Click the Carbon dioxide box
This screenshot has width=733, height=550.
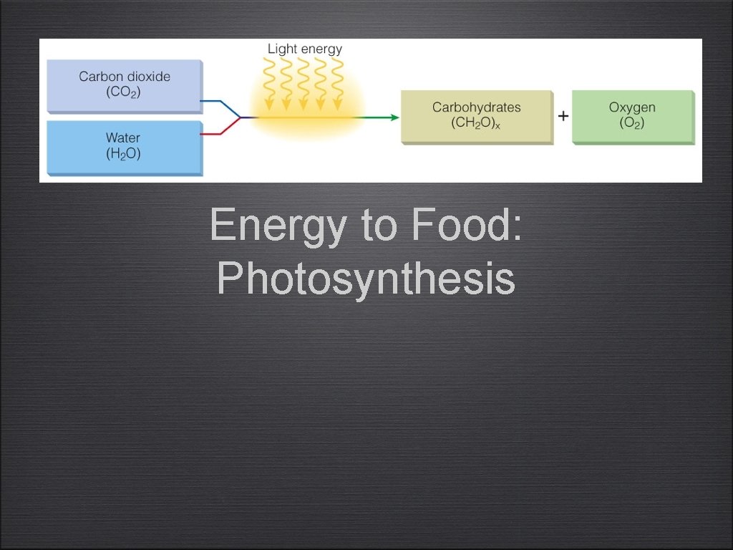point(125,85)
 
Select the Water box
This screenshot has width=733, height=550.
point(125,147)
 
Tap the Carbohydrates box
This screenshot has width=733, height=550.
point(477,116)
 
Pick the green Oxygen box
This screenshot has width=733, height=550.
point(633,116)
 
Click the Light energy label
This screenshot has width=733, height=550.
point(305,49)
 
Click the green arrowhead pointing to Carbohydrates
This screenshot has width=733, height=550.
point(394,117)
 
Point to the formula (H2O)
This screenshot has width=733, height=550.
point(123,153)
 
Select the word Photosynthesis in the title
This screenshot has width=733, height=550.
point(366,278)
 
